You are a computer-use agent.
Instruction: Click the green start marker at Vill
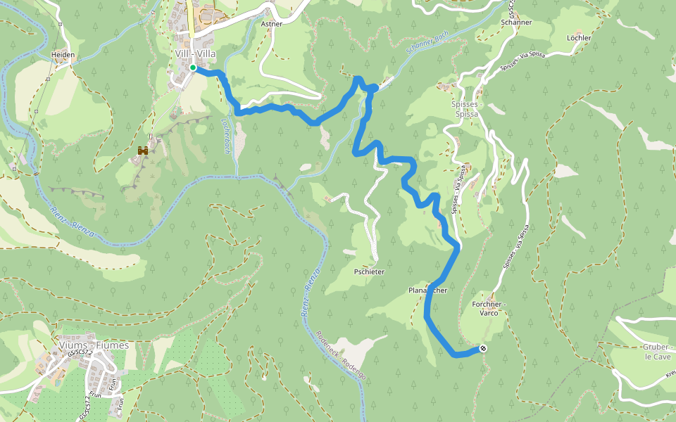pyautogui.click(x=192, y=68)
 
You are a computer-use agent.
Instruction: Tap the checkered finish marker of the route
pyautogui.click(x=483, y=348)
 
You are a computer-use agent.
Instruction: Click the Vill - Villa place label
pyautogui.click(x=195, y=53)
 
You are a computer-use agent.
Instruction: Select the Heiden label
pyautogui.click(x=63, y=54)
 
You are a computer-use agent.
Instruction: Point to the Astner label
pyautogui.click(x=271, y=24)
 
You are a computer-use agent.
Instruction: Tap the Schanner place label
pyautogui.click(x=516, y=23)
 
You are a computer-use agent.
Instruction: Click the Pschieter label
pyautogui.click(x=369, y=271)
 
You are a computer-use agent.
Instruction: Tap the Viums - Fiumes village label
pyautogui.click(x=94, y=345)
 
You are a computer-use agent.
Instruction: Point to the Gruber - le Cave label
pyautogui.click(x=656, y=352)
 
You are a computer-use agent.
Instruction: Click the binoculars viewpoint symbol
pyautogui.click(x=143, y=151)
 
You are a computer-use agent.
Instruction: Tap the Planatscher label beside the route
pyautogui.click(x=427, y=290)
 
